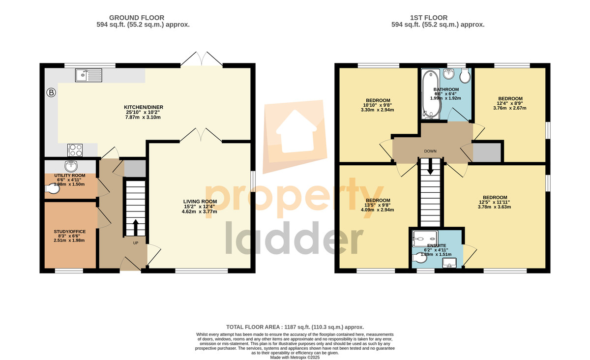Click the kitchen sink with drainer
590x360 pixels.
click(x=88, y=75)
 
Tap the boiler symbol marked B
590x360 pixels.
click(x=51, y=92)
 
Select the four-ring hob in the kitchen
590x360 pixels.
click(x=75, y=150)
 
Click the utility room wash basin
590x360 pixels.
click(x=71, y=166)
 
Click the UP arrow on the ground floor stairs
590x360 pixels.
click(x=135, y=227)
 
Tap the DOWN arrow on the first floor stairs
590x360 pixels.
click(x=430, y=167)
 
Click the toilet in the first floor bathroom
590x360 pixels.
click(x=465, y=76)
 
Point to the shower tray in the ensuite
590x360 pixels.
click(x=425, y=239)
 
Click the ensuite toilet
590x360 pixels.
click(x=419, y=258)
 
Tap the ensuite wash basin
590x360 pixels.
click(x=449, y=263)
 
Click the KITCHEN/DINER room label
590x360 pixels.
click(x=144, y=107)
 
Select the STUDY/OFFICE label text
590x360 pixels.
click(x=70, y=232)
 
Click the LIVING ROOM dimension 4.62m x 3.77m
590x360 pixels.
click(x=200, y=211)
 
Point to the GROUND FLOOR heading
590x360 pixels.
click(x=137, y=18)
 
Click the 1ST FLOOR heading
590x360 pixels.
click(x=429, y=18)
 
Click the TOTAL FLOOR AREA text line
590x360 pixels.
click(x=295, y=327)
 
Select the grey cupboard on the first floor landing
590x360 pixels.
click(x=487, y=152)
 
